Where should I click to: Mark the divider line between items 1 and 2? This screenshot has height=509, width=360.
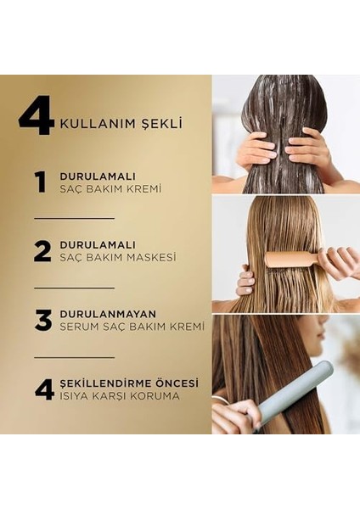point(74,218)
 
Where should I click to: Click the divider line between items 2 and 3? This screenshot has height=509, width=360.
point(74,288)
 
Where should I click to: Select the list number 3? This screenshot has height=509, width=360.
point(43,320)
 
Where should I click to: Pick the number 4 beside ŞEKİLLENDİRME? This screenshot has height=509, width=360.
point(44,389)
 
